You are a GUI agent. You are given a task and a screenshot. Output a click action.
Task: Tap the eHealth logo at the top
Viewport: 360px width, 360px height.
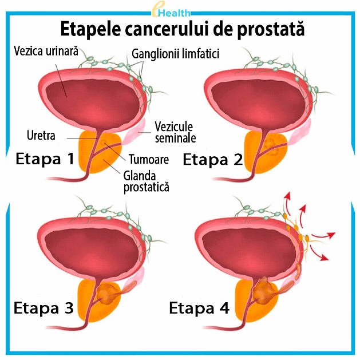click(179, 10)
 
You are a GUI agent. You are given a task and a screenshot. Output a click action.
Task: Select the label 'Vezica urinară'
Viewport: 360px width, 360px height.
click(46, 51)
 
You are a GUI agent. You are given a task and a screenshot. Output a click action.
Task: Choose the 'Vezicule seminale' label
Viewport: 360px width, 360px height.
click(175, 132)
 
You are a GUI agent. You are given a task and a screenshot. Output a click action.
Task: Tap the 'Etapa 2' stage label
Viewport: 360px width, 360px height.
click(212, 160)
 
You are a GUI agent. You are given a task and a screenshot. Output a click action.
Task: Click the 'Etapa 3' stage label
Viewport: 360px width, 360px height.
click(43, 308)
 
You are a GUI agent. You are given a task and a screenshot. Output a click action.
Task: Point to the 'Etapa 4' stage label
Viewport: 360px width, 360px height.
click(199, 308)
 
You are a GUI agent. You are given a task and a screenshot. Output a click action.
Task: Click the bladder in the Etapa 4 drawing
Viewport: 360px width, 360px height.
click(246, 246)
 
